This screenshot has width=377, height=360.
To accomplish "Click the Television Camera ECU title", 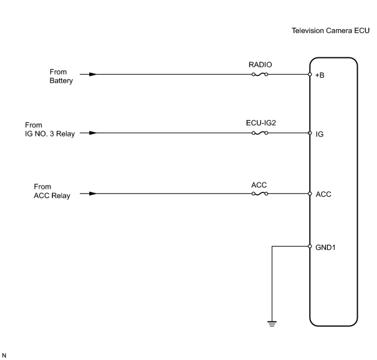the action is (330, 31).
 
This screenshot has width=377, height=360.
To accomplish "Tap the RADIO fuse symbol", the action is (260, 75).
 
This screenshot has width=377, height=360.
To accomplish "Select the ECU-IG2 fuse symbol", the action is (260, 133).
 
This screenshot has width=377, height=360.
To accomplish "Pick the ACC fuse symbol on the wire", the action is (260, 194).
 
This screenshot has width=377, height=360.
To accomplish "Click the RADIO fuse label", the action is (260, 65).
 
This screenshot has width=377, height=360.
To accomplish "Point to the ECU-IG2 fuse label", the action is (261, 123).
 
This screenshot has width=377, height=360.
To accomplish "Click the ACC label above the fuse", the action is (259, 185).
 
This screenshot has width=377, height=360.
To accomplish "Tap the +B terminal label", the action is (320, 75).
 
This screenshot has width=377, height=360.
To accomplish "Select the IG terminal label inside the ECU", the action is (320, 134).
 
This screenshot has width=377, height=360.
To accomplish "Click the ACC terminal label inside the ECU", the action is (323, 194).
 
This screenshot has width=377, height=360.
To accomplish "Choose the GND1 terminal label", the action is (325, 247).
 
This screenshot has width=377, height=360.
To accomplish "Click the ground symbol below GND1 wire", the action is (272, 323).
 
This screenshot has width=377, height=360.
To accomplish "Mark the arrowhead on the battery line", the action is (93, 75).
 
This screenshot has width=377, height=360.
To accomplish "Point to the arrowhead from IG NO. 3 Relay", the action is (93, 133).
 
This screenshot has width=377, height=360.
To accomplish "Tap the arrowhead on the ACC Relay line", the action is (93, 194).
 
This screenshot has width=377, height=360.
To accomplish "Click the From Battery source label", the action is (61, 76).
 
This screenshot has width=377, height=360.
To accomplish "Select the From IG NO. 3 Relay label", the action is (50, 130).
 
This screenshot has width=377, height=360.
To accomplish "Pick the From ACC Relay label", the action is (52, 191).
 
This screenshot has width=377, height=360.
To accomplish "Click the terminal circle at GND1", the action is (310, 246).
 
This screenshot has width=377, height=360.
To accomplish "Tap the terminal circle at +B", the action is (310, 75).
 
